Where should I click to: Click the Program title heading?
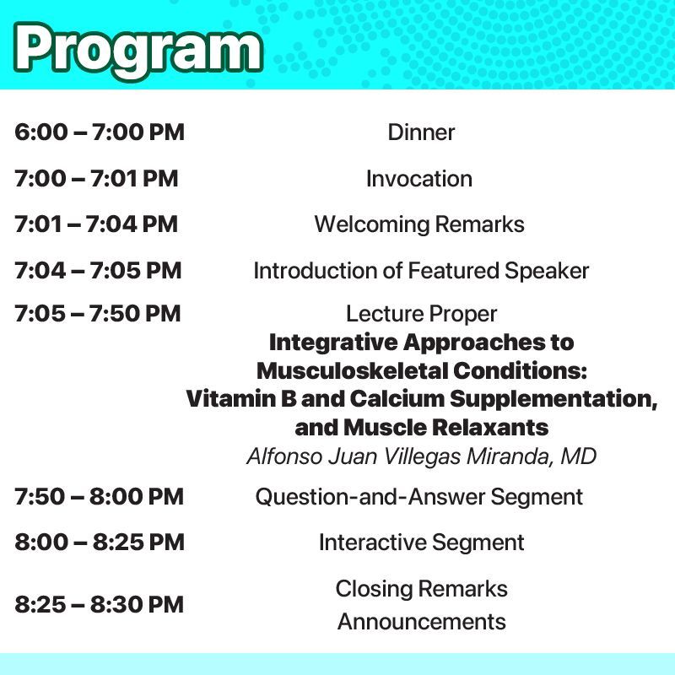click(x=138, y=51)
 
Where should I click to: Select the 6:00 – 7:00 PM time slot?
click(x=100, y=132)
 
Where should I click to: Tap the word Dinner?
click(x=421, y=132)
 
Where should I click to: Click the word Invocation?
click(x=419, y=179)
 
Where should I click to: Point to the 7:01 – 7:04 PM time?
click(x=96, y=224)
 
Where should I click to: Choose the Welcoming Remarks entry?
click(x=419, y=224)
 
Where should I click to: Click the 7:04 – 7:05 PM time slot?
click(x=98, y=270)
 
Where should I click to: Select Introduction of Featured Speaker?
click(x=421, y=271)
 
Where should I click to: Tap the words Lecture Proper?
click(x=421, y=314)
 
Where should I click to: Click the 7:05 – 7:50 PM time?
click(x=98, y=313)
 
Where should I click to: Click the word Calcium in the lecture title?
click(x=397, y=398)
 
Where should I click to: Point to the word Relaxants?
click(x=490, y=428)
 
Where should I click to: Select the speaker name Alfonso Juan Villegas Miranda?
click(x=398, y=456)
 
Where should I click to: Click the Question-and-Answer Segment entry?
click(x=418, y=497)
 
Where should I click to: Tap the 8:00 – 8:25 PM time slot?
click(x=100, y=542)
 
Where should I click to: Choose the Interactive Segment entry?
click(x=421, y=543)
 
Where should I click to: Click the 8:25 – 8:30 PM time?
click(x=99, y=604)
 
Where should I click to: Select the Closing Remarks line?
click(x=421, y=589)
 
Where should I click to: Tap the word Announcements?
click(x=421, y=622)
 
